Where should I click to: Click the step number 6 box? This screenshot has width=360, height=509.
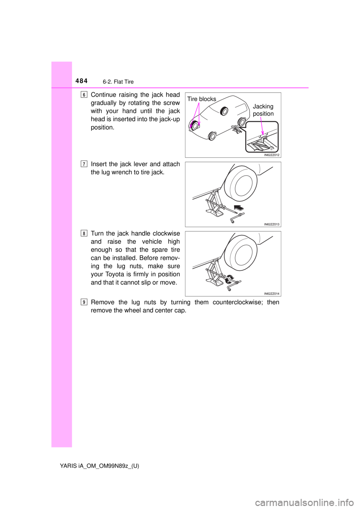(x=84, y=94)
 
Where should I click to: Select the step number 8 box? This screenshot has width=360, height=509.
(x=84, y=234)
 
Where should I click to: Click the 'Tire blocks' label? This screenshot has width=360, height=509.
(x=202, y=99)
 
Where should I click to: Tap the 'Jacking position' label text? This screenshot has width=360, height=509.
(x=263, y=110)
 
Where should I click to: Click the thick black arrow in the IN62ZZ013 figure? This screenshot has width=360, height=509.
(x=237, y=207)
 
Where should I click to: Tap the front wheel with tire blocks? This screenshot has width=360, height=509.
(x=195, y=126)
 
